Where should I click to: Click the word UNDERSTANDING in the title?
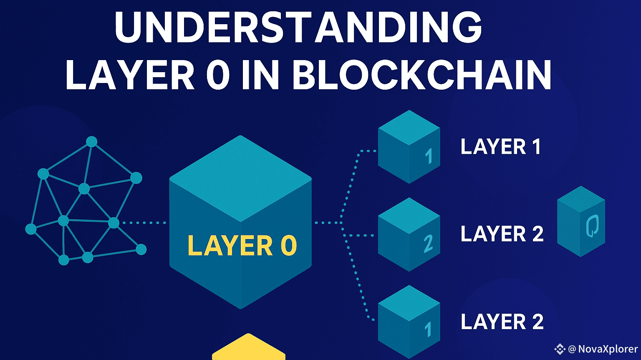298,28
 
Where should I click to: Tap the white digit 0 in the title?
218,76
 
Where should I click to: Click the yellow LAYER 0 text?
242,245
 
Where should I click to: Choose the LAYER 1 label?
500,147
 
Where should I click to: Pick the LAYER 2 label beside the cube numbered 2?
502,234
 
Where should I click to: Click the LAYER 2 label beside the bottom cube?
502,322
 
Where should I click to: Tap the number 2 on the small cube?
428,244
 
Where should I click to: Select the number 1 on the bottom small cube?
428,330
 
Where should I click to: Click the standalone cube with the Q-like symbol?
581,221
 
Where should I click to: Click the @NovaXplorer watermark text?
603,349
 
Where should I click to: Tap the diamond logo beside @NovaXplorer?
559,349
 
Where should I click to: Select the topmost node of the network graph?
92,142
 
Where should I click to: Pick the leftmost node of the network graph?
31,229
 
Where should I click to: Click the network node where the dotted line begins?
114,223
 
